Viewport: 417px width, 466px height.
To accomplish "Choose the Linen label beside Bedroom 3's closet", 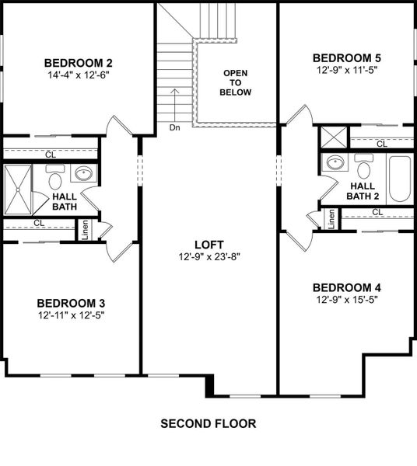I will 86,230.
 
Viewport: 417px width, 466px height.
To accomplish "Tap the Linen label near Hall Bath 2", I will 331,219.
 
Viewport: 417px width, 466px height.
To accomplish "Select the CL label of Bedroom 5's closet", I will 381,144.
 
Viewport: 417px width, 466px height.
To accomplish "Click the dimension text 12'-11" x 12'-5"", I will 71,315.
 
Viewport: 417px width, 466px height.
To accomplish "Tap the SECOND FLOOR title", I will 208,424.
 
